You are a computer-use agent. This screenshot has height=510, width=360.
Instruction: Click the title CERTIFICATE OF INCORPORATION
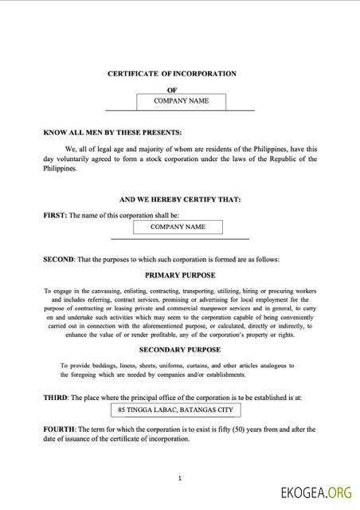172,73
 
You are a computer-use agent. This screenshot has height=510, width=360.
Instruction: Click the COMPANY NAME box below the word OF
181,101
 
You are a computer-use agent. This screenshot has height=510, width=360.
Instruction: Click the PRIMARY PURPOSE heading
179,274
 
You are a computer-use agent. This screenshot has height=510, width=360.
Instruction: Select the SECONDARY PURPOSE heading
179,349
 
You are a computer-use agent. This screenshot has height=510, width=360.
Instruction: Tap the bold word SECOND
58,259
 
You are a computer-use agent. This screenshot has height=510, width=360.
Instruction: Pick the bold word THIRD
56,396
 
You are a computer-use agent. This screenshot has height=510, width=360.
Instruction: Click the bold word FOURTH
59,429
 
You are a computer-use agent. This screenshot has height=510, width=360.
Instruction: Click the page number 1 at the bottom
180,478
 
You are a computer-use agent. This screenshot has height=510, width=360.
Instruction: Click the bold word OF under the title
171,90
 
